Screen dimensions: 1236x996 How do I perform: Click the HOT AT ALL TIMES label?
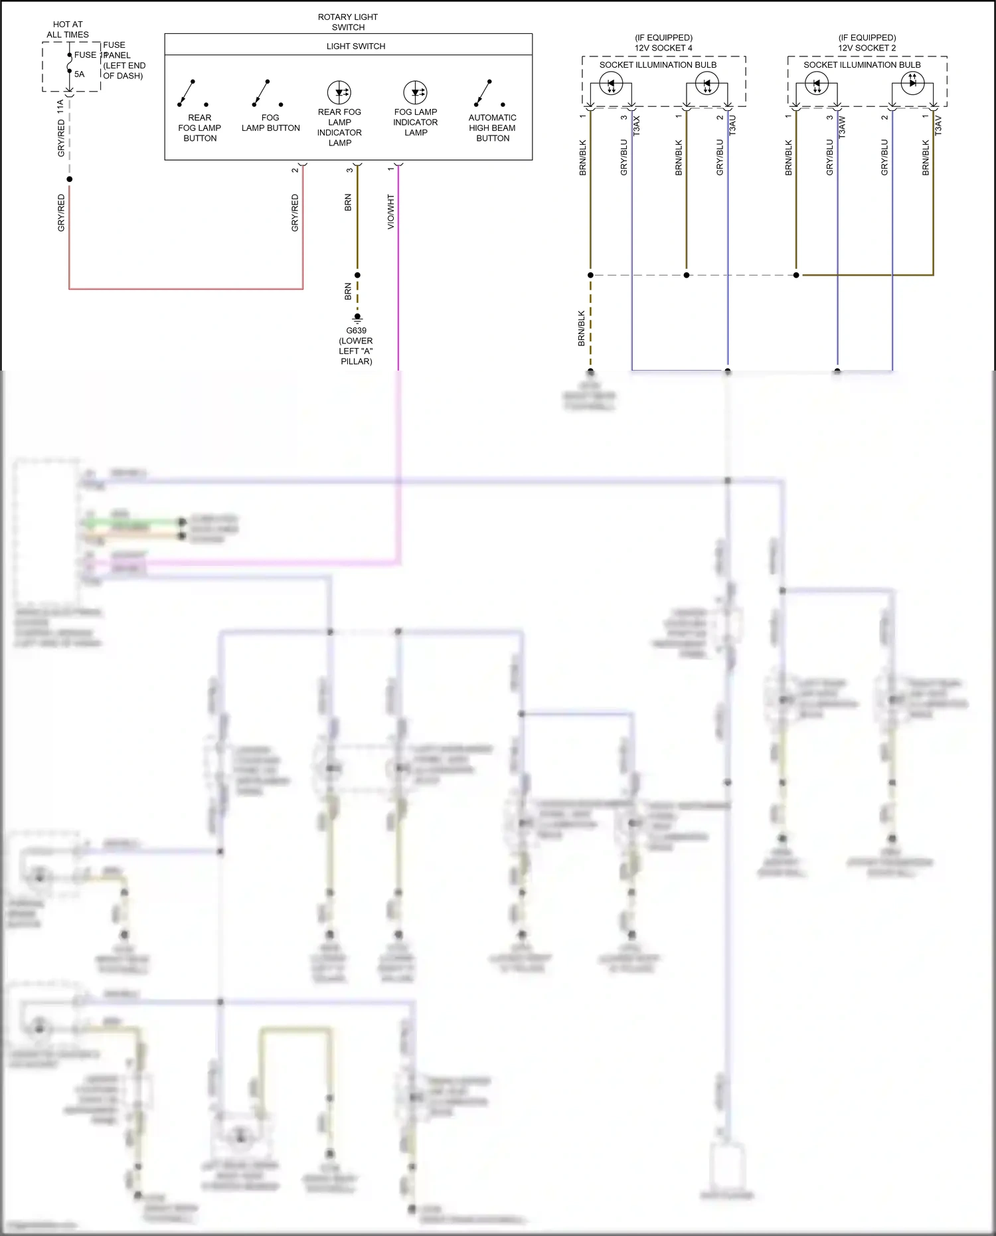point(68,29)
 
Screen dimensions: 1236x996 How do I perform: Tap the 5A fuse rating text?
point(79,74)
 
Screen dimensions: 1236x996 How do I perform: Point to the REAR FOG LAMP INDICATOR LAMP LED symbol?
point(339,92)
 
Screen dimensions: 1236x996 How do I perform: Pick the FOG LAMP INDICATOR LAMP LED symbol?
point(415,92)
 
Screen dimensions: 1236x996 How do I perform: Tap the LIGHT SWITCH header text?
point(355,46)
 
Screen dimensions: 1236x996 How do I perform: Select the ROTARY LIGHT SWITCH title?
point(348,22)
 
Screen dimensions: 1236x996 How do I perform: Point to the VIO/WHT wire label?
point(391,211)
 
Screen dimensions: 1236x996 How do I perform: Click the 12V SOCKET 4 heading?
point(663,48)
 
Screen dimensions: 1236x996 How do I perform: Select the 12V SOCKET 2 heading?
point(867,48)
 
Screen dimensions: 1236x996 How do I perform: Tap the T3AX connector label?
point(637,126)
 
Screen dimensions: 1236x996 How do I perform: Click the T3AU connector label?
point(733,126)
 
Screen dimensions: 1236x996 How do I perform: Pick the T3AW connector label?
point(843,126)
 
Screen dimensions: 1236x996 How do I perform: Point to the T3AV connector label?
point(938,126)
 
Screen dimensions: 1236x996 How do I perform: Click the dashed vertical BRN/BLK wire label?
point(582,328)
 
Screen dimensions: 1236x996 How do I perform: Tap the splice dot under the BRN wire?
point(357,275)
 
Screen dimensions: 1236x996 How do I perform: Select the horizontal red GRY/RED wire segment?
point(186,289)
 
